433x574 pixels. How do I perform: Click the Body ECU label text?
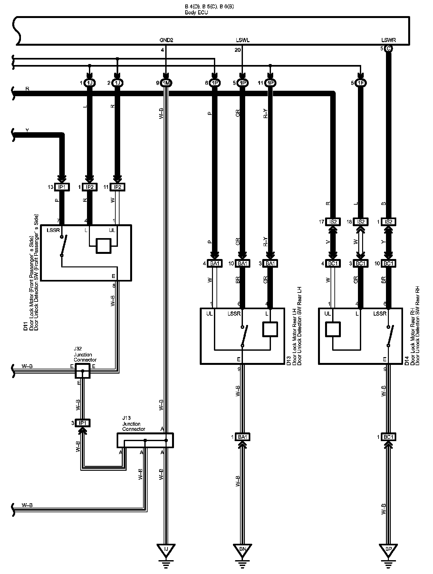(x=196, y=13)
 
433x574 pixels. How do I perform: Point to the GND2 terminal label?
(x=166, y=40)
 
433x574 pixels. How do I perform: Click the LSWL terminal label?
(x=243, y=40)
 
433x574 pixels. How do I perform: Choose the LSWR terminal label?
(x=388, y=40)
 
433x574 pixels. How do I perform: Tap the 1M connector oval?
(x=166, y=83)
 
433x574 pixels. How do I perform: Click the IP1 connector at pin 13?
(x=62, y=187)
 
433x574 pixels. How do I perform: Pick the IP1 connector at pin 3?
(x=83, y=423)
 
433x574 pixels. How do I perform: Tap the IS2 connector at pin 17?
(x=333, y=222)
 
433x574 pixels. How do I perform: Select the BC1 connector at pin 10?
(x=389, y=263)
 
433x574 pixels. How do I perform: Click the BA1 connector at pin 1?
(x=242, y=437)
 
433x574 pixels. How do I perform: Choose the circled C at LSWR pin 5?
(x=388, y=49)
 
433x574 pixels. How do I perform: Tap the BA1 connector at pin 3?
(x=270, y=263)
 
